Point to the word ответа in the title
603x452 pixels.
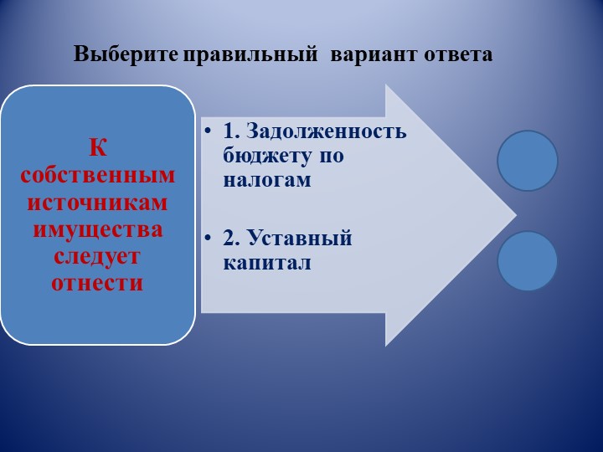[453, 55]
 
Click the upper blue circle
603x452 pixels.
[528, 161]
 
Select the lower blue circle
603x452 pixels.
[528, 261]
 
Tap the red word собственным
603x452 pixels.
[98, 176]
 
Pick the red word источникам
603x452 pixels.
[98, 203]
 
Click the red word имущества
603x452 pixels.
[98, 229]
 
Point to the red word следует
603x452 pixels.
[98, 256]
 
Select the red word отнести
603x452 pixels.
[98, 283]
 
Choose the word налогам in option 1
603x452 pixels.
[267, 179]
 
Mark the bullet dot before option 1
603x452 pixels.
[208, 132]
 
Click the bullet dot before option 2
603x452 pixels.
[208, 239]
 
